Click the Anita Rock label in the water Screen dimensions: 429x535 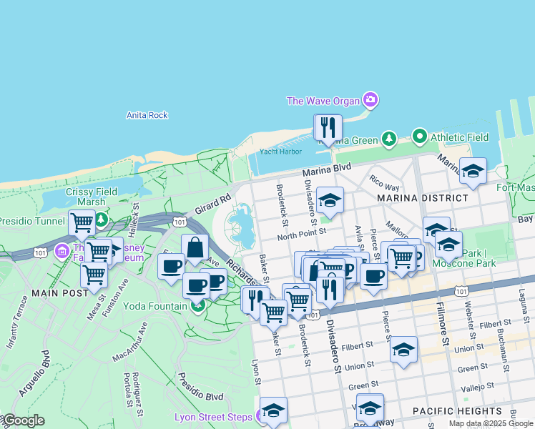(x=147, y=115)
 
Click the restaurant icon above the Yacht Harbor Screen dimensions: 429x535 (x=328, y=128)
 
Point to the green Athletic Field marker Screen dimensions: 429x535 (x=419, y=136)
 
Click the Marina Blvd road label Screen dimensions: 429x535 (x=326, y=169)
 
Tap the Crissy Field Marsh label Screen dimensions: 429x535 (x=85, y=197)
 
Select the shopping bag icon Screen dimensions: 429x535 (x=195, y=248)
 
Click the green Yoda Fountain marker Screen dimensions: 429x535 (x=197, y=306)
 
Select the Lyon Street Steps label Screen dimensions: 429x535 (x=213, y=417)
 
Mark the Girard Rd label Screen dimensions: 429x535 (x=212, y=204)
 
